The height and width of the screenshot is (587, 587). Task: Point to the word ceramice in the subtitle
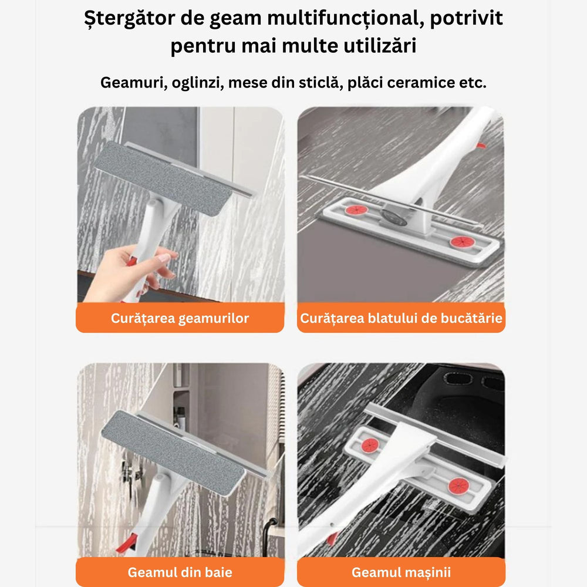tap(418, 82)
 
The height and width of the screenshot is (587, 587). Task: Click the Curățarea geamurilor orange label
tap(180, 318)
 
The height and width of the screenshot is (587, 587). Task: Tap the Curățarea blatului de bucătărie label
tap(401, 318)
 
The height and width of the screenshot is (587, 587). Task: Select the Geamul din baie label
tap(180, 572)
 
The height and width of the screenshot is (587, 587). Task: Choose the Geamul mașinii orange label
tap(401, 572)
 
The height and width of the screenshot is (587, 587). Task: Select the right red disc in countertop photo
tap(459, 242)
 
